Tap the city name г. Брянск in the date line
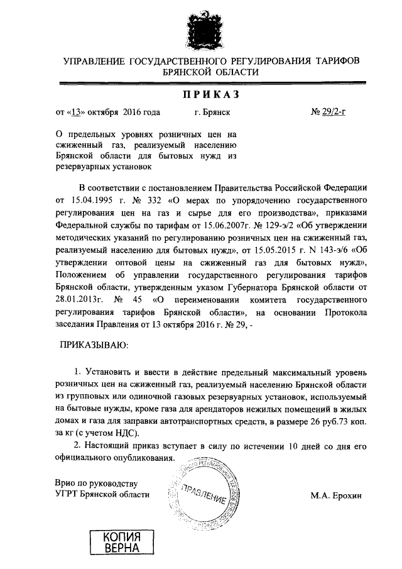[x=213, y=113]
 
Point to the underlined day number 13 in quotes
[x=77, y=113]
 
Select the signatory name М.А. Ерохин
[x=336, y=495]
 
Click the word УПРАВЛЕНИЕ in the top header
[x=94, y=61]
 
